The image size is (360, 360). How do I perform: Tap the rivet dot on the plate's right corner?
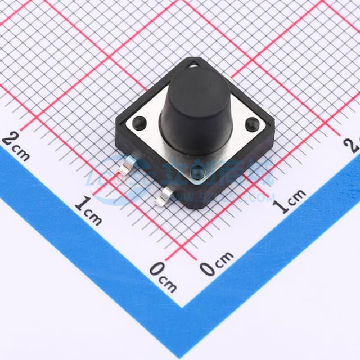pyautogui.click(x=252, y=123)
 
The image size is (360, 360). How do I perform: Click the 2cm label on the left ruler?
pyautogui.click(x=16, y=145)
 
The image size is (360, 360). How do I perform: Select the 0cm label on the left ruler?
pyautogui.click(x=163, y=276)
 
